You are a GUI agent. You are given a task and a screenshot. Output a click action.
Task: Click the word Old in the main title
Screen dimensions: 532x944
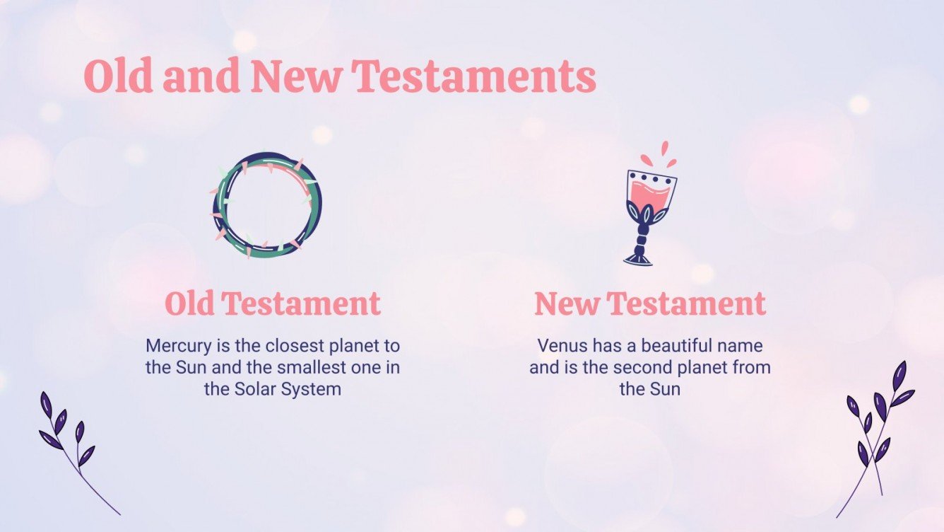(x=118, y=77)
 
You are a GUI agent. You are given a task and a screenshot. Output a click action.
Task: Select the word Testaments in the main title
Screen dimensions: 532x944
(x=474, y=77)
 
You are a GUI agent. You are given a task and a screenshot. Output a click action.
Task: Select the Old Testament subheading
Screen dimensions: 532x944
(x=273, y=304)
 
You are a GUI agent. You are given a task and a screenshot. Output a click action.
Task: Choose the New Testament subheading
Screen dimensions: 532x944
(x=650, y=304)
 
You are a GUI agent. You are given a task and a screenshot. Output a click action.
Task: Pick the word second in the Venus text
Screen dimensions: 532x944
(x=646, y=368)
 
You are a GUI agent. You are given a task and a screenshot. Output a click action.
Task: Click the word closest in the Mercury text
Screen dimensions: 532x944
(x=288, y=347)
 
